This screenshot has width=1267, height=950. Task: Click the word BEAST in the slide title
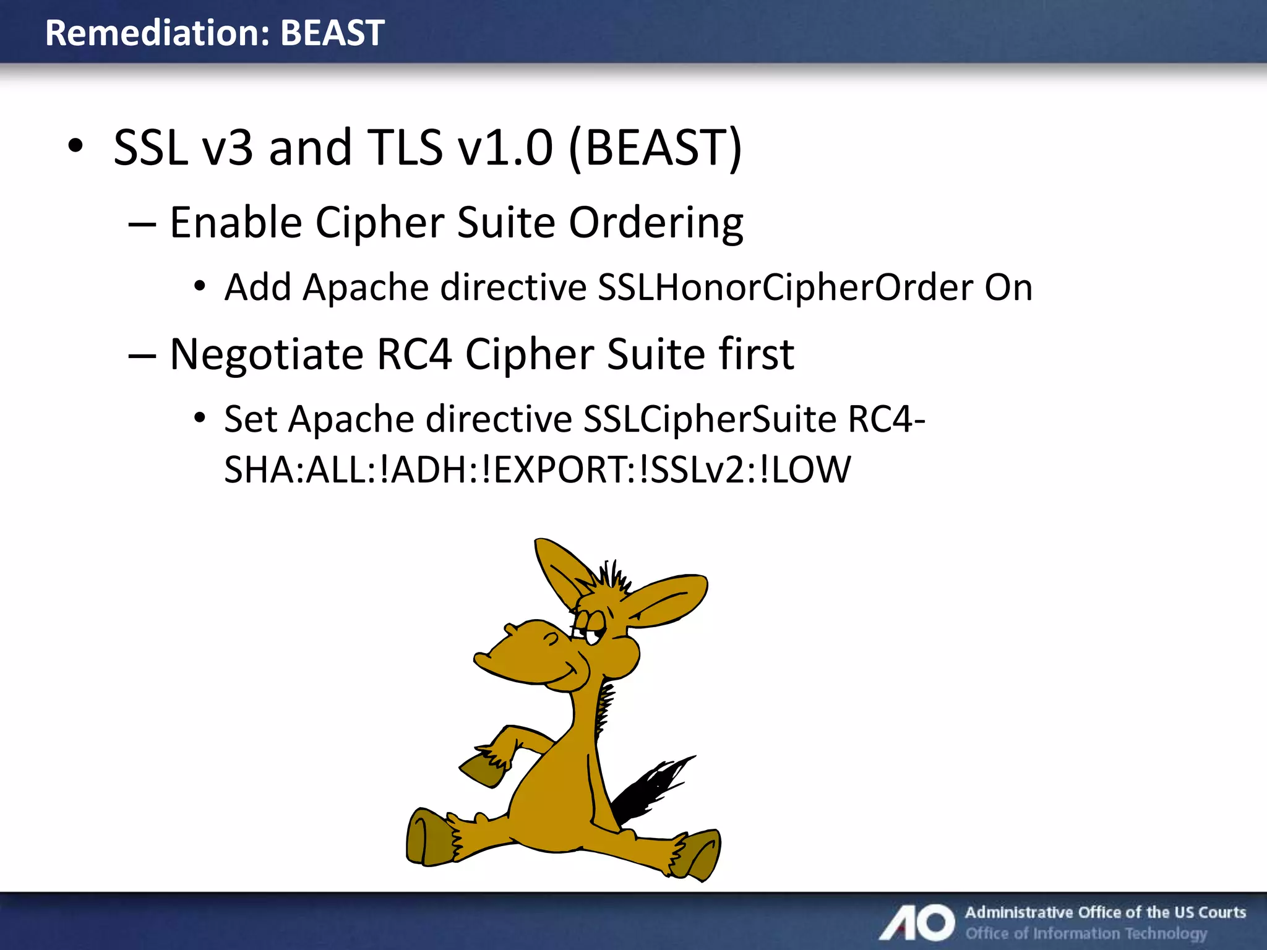tap(332, 33)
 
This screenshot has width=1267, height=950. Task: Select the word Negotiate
tap(266, 354)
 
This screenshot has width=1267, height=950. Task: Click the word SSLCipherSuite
tap(710, 419)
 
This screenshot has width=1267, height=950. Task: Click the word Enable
tap(236, 223)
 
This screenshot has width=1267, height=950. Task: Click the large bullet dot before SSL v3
tap(75, 147)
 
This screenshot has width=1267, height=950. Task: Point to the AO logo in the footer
tap(917, 922)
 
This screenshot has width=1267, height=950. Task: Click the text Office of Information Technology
tap(1086, 933)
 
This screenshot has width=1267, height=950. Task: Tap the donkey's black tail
tap(650, 789)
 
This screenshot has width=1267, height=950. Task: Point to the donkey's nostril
tap(550, 638)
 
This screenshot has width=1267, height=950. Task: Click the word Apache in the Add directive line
tap(366, 288)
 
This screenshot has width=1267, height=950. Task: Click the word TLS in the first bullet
tap(405, 148)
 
